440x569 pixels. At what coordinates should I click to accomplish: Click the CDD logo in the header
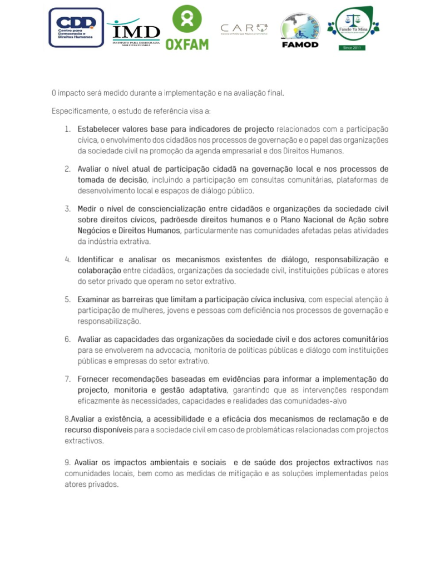(x=76, y=27)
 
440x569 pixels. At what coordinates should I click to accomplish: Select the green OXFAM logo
(x=187, y=28)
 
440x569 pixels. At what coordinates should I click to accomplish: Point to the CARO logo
(x=244, y=29)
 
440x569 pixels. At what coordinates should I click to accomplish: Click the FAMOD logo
(x=300, y=31)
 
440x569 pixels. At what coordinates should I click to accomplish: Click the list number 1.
(x=67, y=129)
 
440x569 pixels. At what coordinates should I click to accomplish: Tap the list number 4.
(x=67, y=259)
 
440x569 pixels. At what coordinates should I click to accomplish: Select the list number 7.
(x=67, y=380)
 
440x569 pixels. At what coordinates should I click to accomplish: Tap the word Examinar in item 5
(x=95, y=300)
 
